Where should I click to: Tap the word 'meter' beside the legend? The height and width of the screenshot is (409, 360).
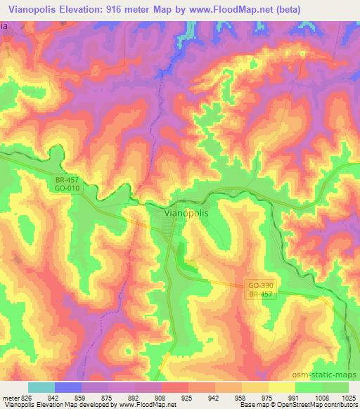[11, 398]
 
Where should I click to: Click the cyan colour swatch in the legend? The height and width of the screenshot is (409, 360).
[41, 387]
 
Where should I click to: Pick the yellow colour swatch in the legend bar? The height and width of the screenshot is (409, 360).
[282, 387]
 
